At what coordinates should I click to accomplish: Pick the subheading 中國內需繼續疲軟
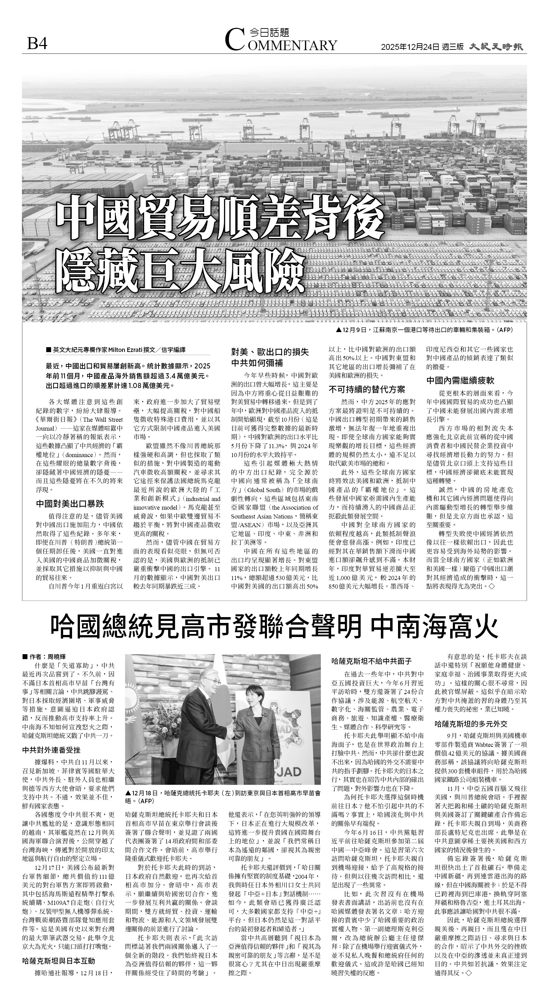tap(460, 380)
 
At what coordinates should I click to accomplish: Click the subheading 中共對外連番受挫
tap(51, 750)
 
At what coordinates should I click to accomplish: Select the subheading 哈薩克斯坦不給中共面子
tap(372, 661)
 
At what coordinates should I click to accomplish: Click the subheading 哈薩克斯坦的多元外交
tap(471, 724)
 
